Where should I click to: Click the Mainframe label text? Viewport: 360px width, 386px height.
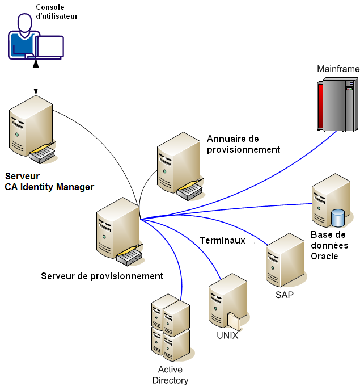pyautogui.click(x=338, y=69)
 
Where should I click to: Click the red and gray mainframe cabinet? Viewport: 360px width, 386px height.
pyautogui.click(x=337, y=105)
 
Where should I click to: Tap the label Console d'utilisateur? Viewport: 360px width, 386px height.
pyautogui.click(x=56, y=12)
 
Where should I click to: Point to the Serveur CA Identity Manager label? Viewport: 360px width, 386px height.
pyautogui.click(x=49, y=182)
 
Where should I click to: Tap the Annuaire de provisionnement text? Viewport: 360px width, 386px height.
pyautogui.click(x=243, y=144)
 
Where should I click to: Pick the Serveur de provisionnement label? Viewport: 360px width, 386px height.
pyautogui.click(x=102, y=276)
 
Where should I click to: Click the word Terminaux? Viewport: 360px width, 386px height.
pyautogui.click(x=222, y=240)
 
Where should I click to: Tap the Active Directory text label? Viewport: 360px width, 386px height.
pyautogui.click(x=170, y=375)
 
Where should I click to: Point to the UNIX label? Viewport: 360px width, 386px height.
pyautogui.click(x=227, y=335)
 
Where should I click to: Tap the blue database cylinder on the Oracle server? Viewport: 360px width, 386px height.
pyautogui.click(x=338, y=217)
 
